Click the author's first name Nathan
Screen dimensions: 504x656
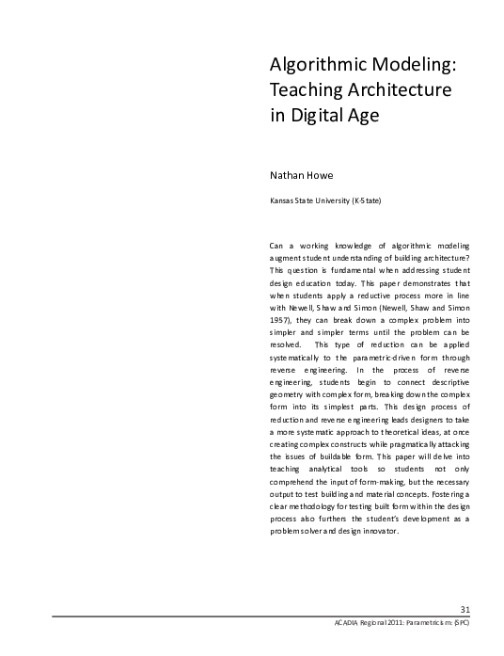point(287,174)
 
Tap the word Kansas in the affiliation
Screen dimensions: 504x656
point(282,200)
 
